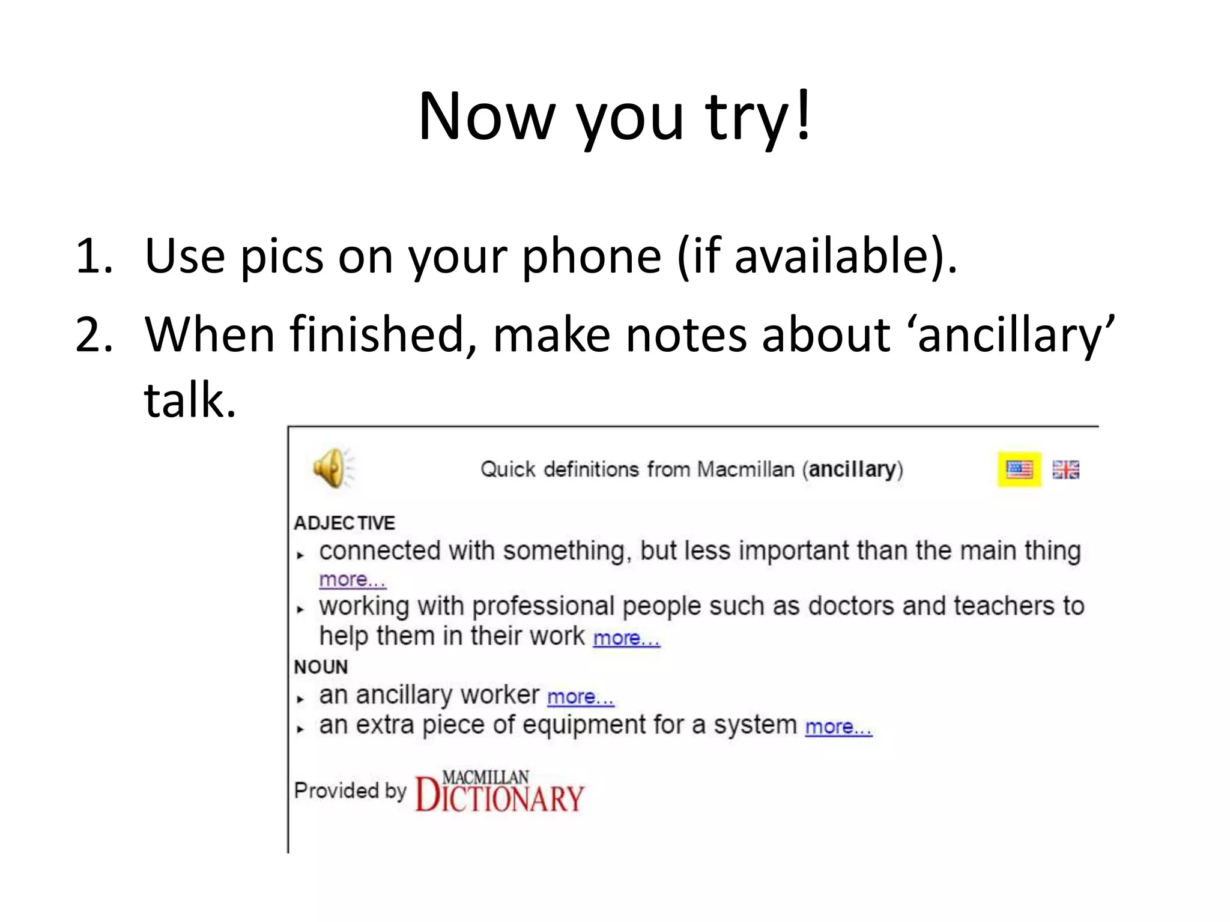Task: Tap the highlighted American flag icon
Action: tap(1019, 469)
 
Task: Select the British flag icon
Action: tap(1065, 469)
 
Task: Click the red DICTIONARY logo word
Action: tap(499, 796)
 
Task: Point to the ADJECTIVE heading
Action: tap(344, 523)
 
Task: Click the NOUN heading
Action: tap(321, 667)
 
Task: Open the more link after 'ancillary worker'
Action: tap(580, 697)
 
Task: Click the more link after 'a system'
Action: tap(838, 727)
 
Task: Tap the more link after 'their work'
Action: tap(626, 638)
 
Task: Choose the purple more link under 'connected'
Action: tap(352, 580)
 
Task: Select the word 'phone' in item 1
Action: tap(591, 256)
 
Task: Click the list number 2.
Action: tap(94, 334)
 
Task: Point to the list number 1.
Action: tap(94, 256)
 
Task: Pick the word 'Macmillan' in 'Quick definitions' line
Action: tap(745, 469)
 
